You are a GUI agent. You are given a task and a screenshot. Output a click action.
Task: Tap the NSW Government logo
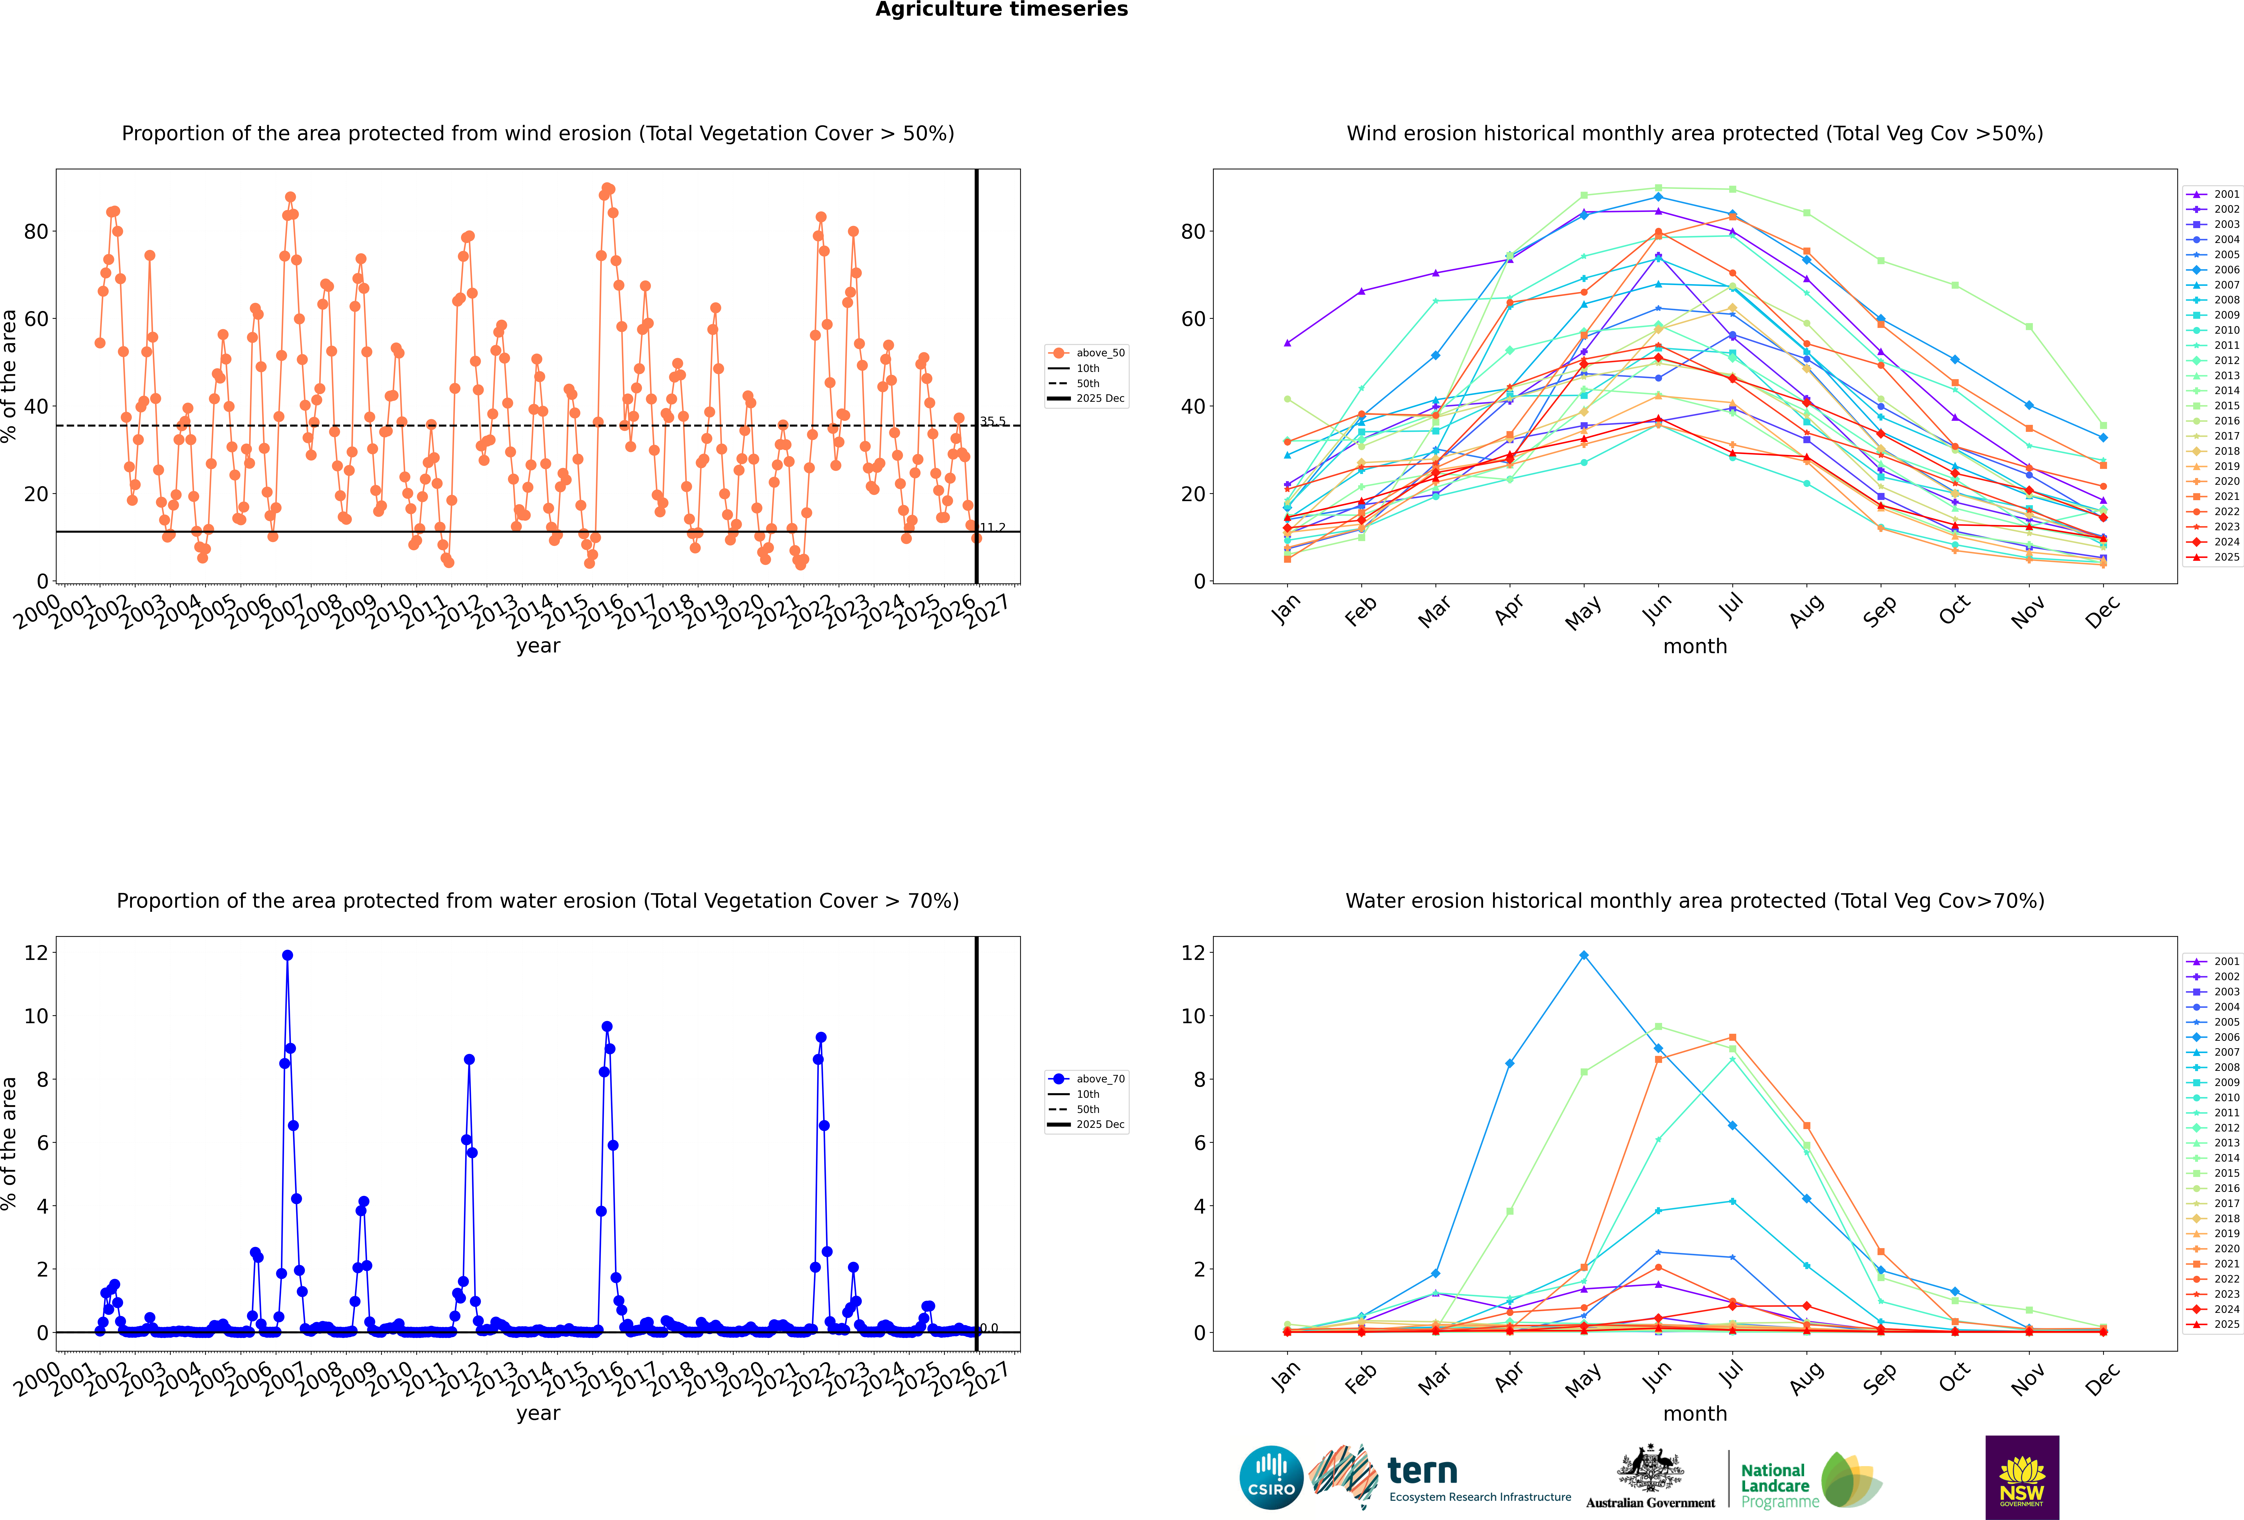coord(2022,1476)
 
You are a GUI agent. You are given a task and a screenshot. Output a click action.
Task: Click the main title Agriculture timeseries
coord(1001,10)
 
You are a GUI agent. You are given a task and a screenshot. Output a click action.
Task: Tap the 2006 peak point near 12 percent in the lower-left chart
coord(287,955)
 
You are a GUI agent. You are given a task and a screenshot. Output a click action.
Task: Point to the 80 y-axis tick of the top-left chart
coord(36,232)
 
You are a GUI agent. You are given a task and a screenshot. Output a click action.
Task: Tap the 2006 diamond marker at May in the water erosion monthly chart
coord(1584,955)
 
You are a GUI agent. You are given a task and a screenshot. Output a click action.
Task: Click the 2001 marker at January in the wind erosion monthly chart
coord(1287,343)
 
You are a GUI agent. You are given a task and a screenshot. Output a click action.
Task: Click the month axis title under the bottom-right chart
coord(1695,1414)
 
